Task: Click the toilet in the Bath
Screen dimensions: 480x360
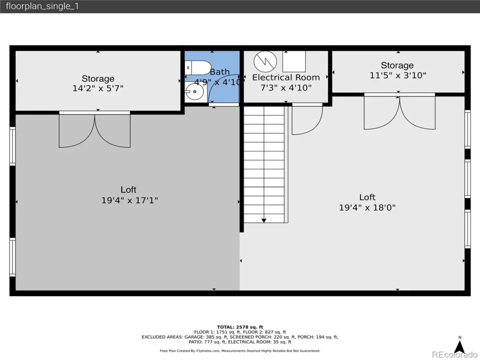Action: [198, 68]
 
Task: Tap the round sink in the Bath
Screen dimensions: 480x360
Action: [195, 92]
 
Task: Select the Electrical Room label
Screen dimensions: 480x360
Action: [286, 77]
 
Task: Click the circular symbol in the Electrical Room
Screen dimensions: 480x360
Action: [265, 62]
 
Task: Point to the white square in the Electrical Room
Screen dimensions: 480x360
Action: [294, 62]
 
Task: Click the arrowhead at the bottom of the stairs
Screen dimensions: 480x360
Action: [264, 220]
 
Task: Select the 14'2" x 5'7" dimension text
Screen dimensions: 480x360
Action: [98, 88]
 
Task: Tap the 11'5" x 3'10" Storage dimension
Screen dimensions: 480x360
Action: [398, 76]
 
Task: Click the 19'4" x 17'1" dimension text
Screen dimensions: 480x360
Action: [130, 200]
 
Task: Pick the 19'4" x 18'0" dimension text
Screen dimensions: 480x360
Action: [367, 208]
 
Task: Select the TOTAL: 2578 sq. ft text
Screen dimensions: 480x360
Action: [240, 327]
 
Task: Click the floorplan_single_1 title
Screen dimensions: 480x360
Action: [42, 6]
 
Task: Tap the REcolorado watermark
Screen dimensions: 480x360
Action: [455, 354]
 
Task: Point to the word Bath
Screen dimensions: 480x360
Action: [220, 72]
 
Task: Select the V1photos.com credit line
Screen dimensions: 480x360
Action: [240, 351]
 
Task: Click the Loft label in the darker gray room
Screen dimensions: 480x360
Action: [128, 190]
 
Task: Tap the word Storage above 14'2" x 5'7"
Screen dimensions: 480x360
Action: [98, 78]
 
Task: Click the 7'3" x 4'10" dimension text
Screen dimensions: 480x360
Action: [286, 88]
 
